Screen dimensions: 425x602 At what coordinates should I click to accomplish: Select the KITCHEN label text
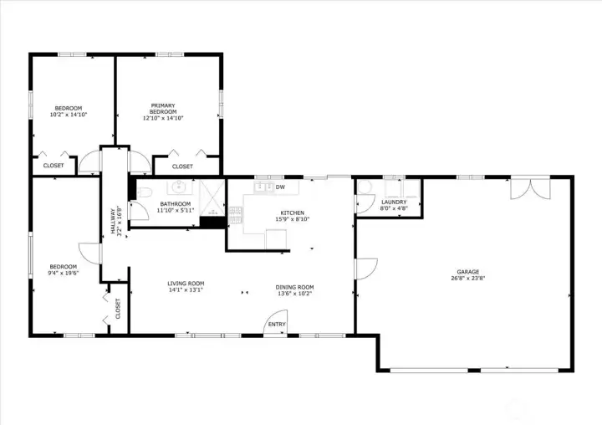tap(292, 213)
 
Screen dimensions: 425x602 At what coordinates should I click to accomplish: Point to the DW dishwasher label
tap(280, 187)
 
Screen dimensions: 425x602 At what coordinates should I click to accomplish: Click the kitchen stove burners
tap(235, 217)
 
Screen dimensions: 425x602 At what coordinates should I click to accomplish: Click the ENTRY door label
tap(277, 325)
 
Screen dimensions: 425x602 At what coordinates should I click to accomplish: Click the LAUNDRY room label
tap(394, 202)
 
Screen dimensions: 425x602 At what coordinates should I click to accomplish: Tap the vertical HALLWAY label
tap(109, 222)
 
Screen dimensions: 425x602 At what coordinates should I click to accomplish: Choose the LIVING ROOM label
tap(186, 284)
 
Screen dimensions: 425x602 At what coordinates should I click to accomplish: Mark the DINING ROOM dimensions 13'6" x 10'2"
tap(294, 294)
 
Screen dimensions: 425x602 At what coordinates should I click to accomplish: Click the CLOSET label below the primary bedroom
tap(183, 166)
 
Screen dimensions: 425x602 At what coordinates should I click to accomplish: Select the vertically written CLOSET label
tap(118, 309)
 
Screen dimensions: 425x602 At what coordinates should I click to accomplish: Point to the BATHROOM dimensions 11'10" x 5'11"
tap(176, 210)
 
